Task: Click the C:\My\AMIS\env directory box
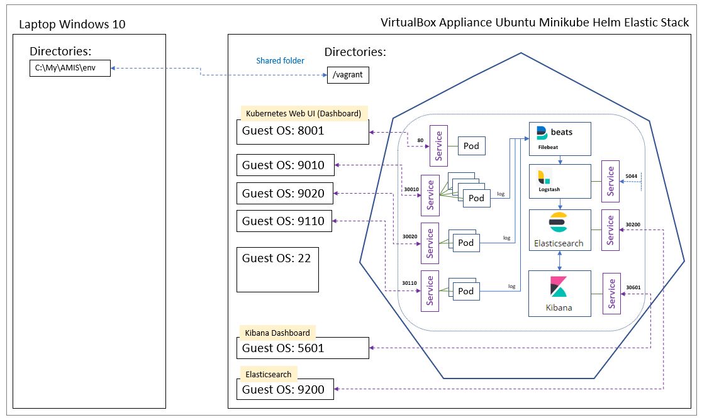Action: [70, 68]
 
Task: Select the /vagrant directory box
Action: [348, 75]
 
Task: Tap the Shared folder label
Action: [280, 61]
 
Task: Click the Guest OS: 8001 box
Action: [305, 132]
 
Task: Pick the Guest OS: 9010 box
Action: [285, 165]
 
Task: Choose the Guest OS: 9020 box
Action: [285, 193]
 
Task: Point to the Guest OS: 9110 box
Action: [285, 221]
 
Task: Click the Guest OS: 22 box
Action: [277, 269]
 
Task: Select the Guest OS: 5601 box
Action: [303, 348]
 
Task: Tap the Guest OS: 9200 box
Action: [285, 389]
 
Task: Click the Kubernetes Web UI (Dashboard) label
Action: [303, 114]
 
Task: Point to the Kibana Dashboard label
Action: [277, 333]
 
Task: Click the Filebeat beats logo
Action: [542, 133]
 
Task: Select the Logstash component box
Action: [560, 182]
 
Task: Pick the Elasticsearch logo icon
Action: [558, 223]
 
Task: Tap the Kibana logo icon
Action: [559, 286]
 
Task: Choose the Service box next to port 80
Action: [438, 146]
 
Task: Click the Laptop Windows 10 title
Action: [72, 25]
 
